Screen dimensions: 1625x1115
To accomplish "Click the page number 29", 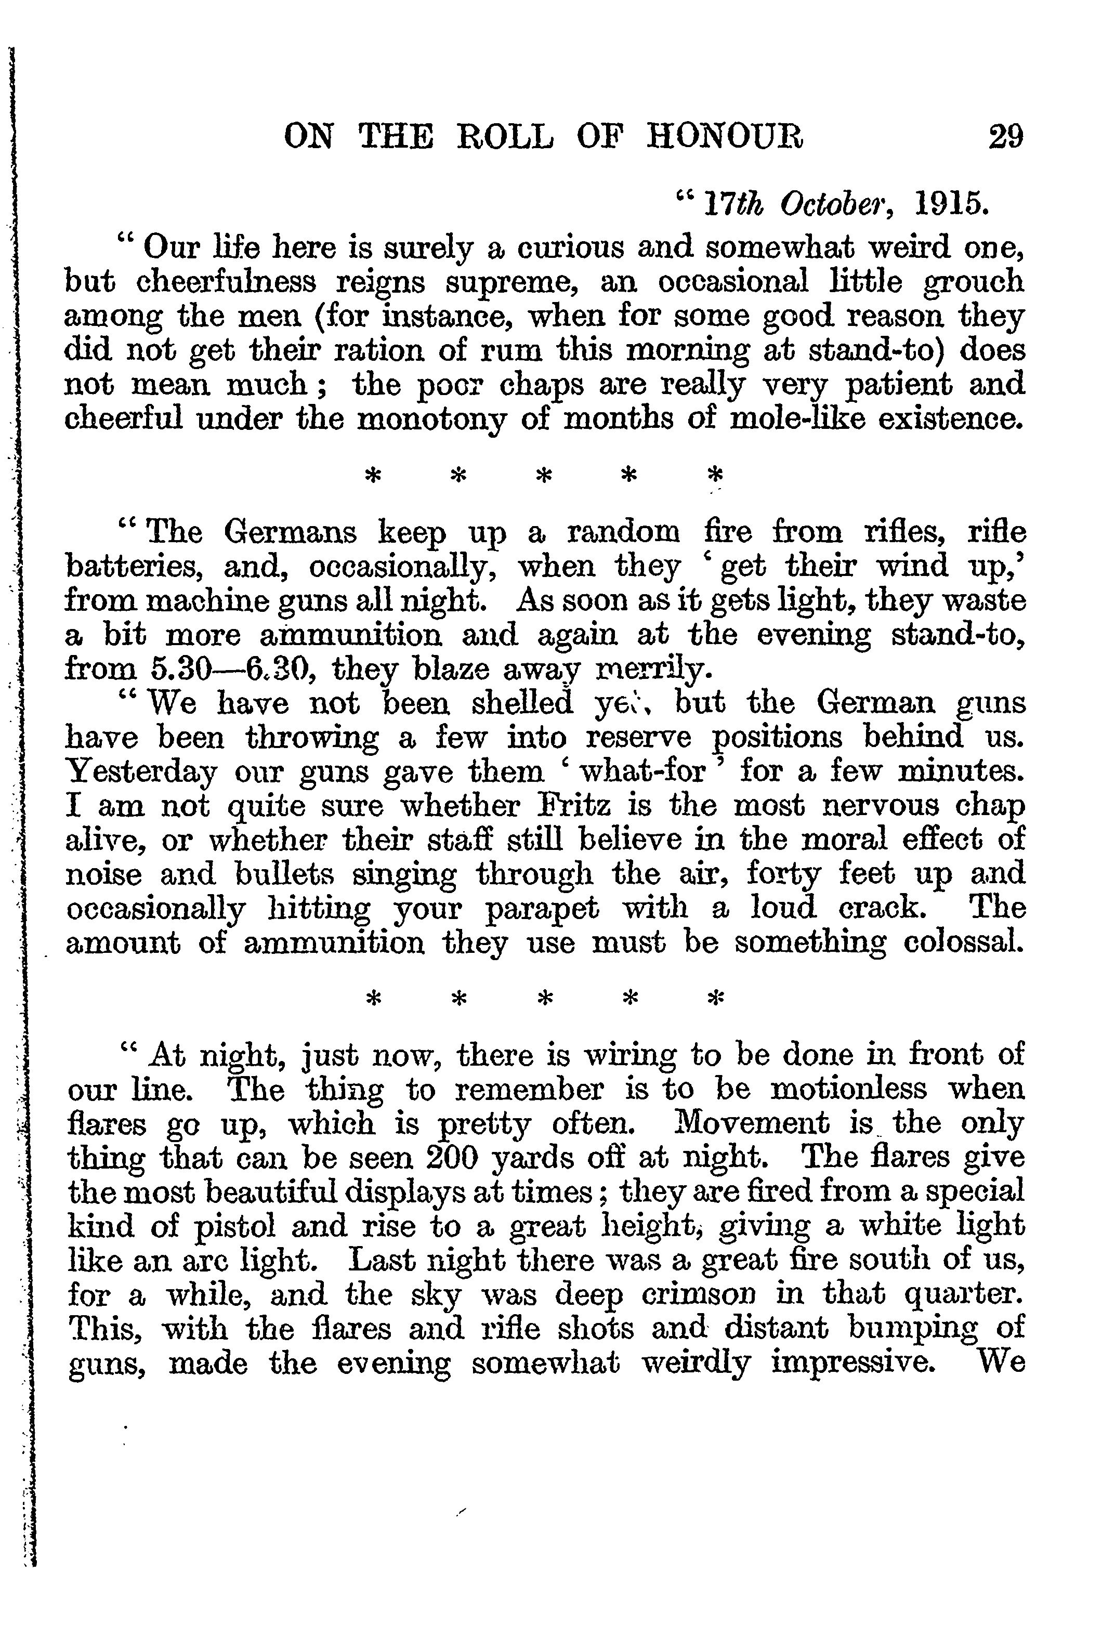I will pos(1005,136).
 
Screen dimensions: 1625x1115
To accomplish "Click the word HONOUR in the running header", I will pos(725,136).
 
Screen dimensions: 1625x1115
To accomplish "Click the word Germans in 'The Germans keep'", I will pos(290,533).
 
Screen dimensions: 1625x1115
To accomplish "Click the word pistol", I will pos(234,1227).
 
